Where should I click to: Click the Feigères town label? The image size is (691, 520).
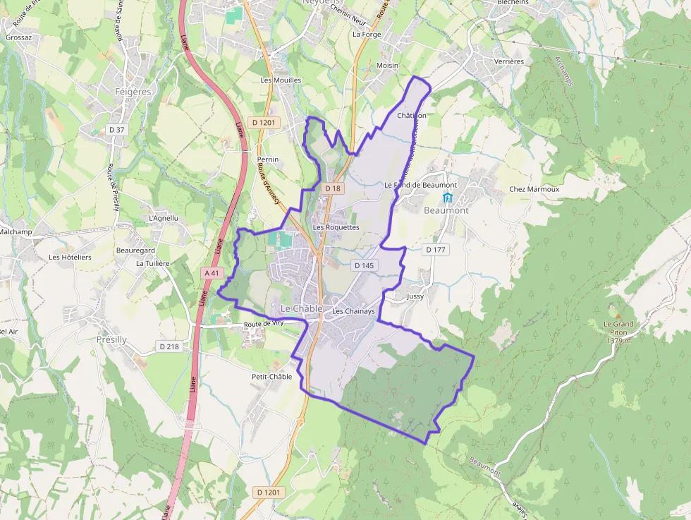click(133, 92)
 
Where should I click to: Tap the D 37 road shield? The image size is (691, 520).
click(117, 130)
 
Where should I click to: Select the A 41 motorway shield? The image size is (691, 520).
click(212, 272)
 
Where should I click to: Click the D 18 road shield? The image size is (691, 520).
click(333, 188)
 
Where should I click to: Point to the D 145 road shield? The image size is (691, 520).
click(364, 265)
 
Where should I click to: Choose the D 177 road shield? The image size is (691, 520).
click(436, 250)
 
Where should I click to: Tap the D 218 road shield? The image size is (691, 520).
click(169, 346)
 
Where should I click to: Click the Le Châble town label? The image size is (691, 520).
click(301, 309)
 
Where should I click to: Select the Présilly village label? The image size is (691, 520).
click(111, 339)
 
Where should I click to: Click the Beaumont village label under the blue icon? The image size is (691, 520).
click(446, 210)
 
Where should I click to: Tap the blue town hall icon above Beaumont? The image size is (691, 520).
click(446, 196)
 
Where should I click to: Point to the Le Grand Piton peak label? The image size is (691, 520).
click(618, 329)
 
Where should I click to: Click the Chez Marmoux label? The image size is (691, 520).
click(534, 189)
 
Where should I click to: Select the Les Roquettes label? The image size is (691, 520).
click(336, 227)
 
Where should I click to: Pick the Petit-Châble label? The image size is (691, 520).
click(271, 377)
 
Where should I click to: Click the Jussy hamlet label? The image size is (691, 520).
click(415, 297)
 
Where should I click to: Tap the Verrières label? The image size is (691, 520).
click(508, 61)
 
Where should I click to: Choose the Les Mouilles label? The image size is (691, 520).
click(281, 80)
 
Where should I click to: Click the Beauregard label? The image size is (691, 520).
click(135, 250)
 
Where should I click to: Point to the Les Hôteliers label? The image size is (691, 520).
click(70, 258)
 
